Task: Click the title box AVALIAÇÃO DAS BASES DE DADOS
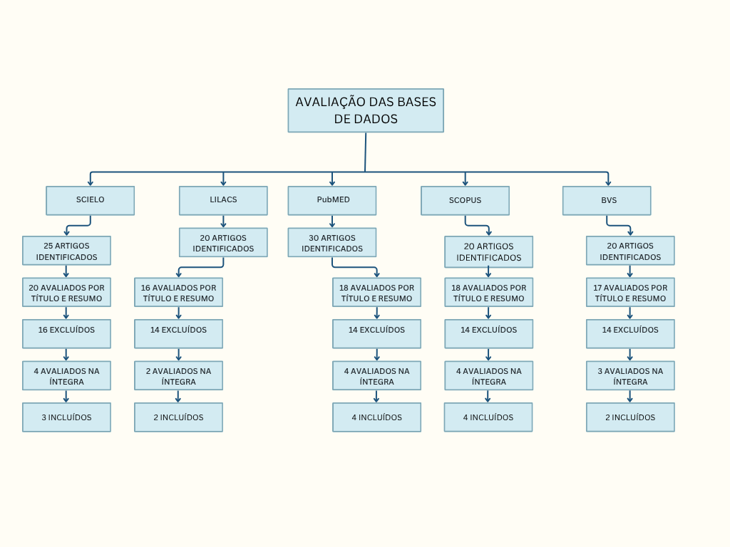366,110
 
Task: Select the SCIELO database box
90,200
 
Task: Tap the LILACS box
223,200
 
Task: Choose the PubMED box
332,200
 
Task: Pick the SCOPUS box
465,200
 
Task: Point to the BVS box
607,200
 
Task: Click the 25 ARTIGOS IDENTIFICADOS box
66,251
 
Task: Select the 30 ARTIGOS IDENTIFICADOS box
332,242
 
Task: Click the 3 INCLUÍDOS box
66,417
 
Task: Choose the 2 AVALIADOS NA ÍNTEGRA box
178,375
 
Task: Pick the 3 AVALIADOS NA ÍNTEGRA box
630,375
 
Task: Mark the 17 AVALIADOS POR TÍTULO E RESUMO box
630,292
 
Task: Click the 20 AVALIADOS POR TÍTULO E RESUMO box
66,292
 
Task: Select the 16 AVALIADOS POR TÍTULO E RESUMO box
178,292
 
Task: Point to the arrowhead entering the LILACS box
223,183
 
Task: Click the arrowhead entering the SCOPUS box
465,183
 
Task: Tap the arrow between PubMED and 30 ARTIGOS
332,222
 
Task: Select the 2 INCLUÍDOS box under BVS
630,417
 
